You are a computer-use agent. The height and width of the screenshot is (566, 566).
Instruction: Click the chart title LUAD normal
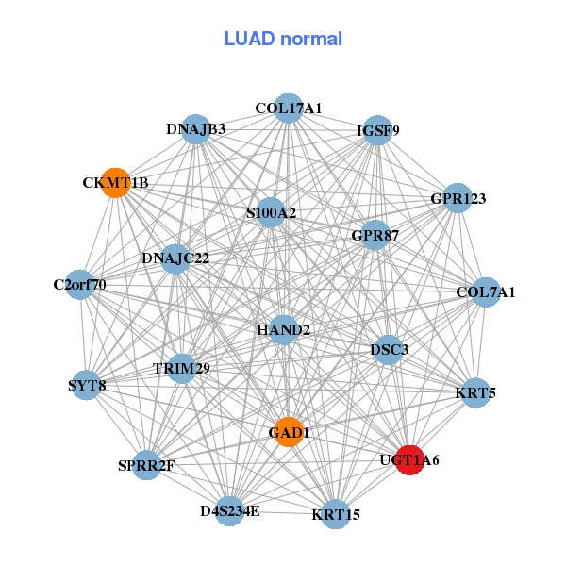click(283, 39)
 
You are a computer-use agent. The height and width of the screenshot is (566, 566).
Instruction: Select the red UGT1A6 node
click(408, 460)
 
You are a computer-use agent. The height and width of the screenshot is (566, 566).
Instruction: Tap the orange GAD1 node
click(289, 432)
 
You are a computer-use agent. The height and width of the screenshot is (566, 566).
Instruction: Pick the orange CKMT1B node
click(115, 182)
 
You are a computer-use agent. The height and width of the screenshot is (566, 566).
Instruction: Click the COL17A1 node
click(289, 108)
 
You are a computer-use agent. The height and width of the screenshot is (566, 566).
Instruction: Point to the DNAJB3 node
click(195, 129)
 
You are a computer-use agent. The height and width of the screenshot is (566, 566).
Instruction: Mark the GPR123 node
click(458, 198)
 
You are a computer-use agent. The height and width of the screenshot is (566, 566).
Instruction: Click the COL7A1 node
click(485, 292)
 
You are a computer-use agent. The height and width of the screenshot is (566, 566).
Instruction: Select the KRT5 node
click(475, 391)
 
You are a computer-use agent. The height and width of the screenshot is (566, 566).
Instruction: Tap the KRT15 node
click(335, 514)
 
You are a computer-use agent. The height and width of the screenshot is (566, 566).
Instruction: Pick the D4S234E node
click(229, 511)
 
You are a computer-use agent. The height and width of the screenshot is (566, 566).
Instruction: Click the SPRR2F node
click(146, 464)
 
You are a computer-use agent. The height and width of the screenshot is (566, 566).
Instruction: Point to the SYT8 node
click(87, 385)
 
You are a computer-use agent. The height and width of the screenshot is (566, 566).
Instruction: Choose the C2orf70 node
click(79, 284)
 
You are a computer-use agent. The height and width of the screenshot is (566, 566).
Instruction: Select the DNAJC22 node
click(175, 258)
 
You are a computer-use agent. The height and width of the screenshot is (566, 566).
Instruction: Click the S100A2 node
click(271, 213)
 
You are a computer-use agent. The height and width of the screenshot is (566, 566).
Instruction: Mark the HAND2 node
click(283, 330)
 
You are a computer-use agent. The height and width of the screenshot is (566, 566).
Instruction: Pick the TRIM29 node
click(182, 367)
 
